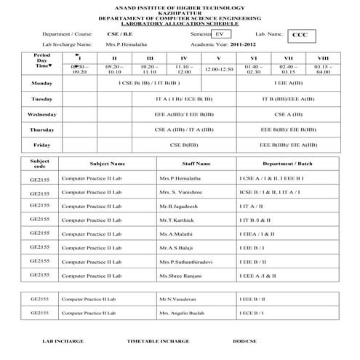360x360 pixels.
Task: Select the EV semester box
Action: point(220,33)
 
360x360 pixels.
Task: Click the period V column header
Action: point(219,57)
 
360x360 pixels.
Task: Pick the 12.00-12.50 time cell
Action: point(219,69)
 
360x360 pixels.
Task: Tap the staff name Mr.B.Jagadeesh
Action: point(178,206)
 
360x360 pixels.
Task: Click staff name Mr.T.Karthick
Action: point(177,220)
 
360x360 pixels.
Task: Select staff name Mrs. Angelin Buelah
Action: point(182,313)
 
